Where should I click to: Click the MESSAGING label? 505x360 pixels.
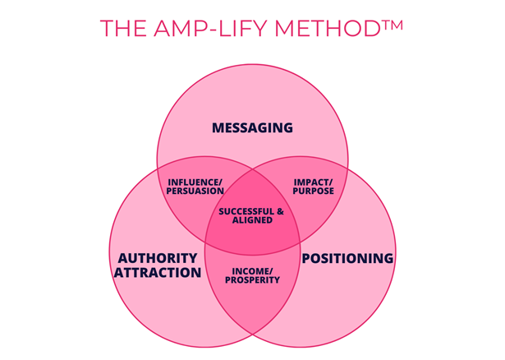[x=252, y=128]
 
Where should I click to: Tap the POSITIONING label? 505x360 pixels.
[x=348, y=258]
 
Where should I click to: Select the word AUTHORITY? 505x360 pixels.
[x=158, y=258]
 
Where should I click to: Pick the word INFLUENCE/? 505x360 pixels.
[x=195, y=181]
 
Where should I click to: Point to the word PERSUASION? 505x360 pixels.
[x=195, y=191]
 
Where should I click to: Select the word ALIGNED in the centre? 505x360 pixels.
[x=252, y=221]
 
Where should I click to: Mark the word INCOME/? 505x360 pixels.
[x=252, y=270]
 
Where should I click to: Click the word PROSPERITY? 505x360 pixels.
[x=252, y=279]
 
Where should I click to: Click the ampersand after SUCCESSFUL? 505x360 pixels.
[x=279, y=211]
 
